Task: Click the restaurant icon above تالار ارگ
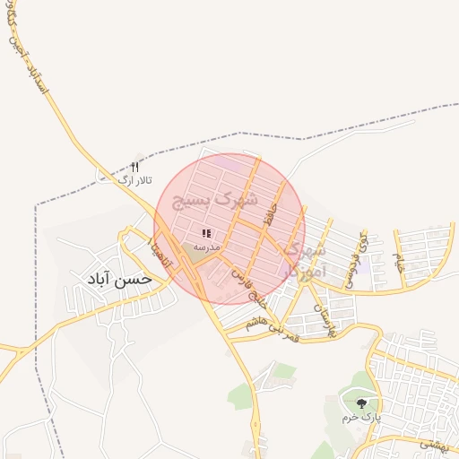tap(135, 167)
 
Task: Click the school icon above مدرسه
tap(206, 233)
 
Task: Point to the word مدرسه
tap(206, 246)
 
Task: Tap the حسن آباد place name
tap(119, 279)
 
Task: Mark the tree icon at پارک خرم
tap(361, 404)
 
